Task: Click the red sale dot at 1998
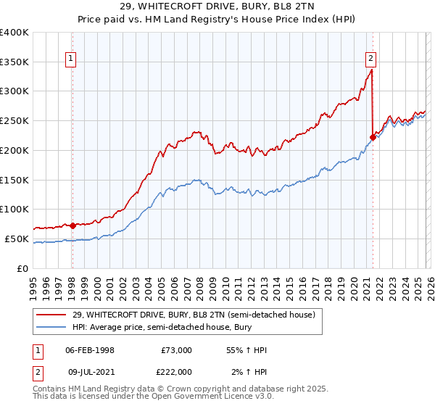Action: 72,225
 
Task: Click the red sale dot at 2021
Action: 373,137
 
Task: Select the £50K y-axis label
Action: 17,239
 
